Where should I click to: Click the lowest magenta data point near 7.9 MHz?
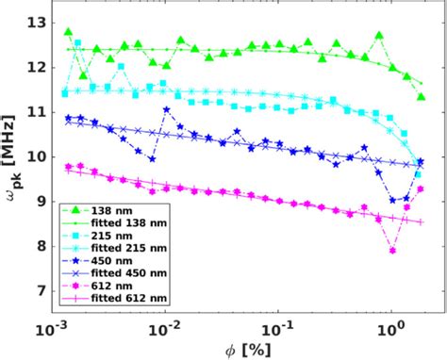[x=393, y=251]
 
